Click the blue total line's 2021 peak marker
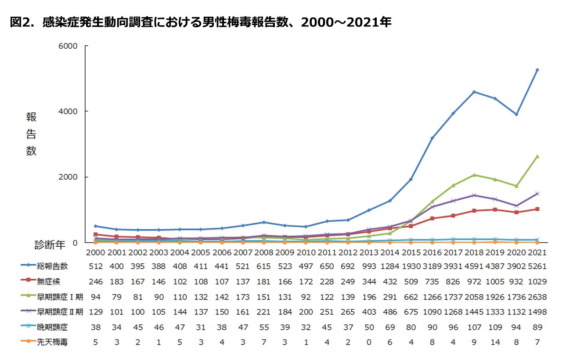coord(537,70)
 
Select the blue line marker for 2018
coord(474,92)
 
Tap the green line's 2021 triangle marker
coord(537,156)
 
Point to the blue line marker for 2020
coord(516,114)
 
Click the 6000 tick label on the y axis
coord(68,46)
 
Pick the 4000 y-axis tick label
coord(68,112)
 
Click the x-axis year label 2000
coord(95,253)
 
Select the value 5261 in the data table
coord(537,266)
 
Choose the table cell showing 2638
coord(537,297)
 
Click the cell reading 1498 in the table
coord(537,312)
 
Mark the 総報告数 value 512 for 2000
coord(95,266)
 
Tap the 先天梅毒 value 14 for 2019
coord(495,342)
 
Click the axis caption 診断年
coord(50,245)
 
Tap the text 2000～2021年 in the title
coord(346,22)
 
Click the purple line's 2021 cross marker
coord(537,193)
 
